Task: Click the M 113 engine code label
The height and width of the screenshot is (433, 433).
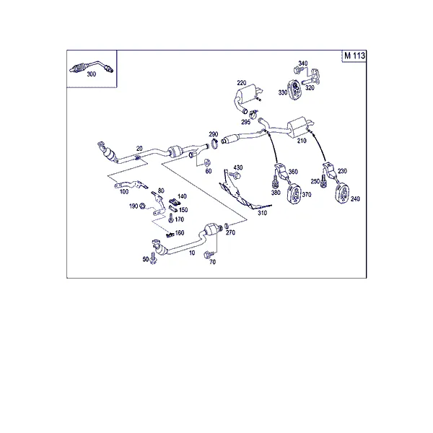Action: click(x=354, y=56)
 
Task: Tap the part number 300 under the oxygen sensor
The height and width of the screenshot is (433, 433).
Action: click(x=92, y=74)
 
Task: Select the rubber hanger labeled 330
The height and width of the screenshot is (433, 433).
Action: click(x=294, y=89)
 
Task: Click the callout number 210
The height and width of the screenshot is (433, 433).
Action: click(x=302, y=141)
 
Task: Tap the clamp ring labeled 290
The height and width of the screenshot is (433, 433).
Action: click(x=214, y=144)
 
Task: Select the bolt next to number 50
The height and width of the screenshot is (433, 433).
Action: click(x=153, y=258)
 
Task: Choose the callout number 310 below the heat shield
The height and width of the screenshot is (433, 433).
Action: click(x=263, y=213)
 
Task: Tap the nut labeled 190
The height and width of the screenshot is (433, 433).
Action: click(x=142, y=206)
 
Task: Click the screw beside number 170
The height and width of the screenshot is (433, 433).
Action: click(x=171, y=218)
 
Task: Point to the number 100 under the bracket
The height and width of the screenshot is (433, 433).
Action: click(x=124, y=192)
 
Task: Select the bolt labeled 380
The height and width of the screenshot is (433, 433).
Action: click(x=276, y=183)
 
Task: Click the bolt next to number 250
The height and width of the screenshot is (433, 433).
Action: click(x=323, y=181)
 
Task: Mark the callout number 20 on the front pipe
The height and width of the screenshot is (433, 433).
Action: click(x=139, y=149)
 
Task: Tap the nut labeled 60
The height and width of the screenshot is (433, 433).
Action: click(x=207, y=162)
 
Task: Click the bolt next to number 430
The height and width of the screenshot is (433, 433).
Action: click(x=235, y=175)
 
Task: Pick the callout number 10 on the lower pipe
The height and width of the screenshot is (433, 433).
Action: click(x=192, y=253)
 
